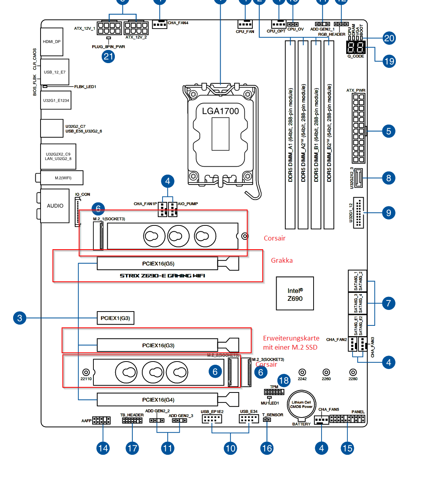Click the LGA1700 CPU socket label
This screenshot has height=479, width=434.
point(220,111)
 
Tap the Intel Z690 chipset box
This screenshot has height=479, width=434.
point(295,294)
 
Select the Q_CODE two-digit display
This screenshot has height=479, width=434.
point(356,48)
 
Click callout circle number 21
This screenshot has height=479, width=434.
point(108,56)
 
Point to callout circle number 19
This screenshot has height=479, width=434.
point(389,61)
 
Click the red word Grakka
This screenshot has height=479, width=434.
point(282,260)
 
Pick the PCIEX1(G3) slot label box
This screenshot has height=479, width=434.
point(115,318)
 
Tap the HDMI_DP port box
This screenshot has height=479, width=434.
point(52,42)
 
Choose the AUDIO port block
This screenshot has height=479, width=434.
point(55,206)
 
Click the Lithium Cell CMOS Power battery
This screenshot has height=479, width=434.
point(301,405)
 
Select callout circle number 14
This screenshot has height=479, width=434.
point(103,448)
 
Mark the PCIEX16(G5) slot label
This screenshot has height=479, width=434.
point(158,264)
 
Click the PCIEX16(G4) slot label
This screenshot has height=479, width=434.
point(158,400)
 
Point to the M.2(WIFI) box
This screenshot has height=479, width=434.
point(63,178)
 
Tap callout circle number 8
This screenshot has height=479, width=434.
point(389,178)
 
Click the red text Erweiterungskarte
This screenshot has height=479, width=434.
point(291,338)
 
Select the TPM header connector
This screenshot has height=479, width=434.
point(274,392)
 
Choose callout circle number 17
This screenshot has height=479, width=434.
point(132,448)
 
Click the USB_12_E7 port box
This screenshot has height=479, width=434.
point(55,72)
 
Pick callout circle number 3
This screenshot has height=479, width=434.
point(19,318)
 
